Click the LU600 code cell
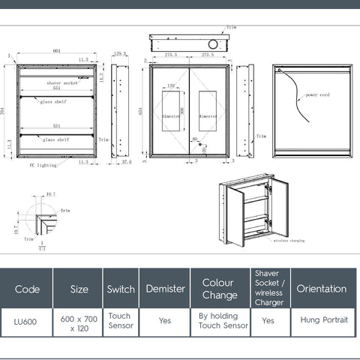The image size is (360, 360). (26, 321)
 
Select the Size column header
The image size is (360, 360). (79, 289)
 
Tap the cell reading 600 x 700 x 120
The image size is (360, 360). (79, 322)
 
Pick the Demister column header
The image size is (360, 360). (165, 289)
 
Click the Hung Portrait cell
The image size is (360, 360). (324, 320)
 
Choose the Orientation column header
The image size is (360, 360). (322, 289)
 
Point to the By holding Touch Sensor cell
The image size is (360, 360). (223, 321)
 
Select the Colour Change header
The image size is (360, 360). (219, 289)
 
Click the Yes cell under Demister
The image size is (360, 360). (165, 321)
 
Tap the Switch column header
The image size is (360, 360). (121, 289)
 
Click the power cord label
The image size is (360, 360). (317, 95)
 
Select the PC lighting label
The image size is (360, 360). (43, 164)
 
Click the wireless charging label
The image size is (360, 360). (289, 241)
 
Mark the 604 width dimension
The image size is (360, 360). (57, 51)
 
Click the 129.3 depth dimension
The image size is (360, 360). (118, 53)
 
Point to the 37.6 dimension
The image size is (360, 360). (127, 161)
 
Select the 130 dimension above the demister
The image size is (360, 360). (171, 86)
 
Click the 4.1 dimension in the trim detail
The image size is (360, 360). (42, 248)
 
